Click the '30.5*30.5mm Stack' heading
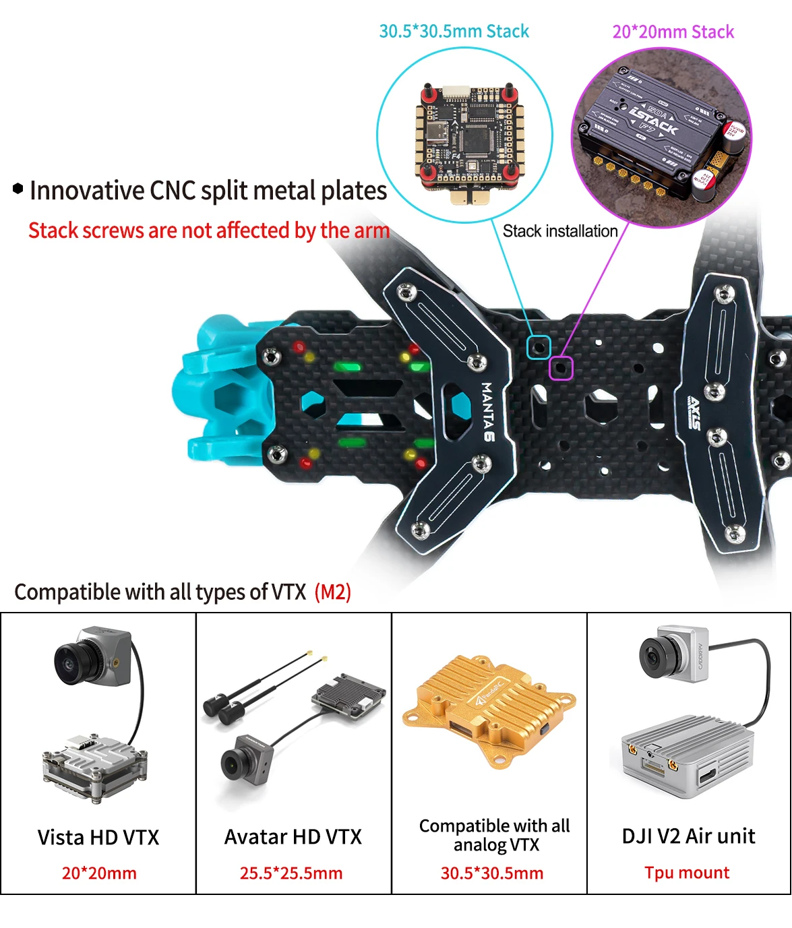pyautogui.click(x=454, y=31)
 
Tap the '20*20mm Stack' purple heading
pyautogui.click(x=673, y=32)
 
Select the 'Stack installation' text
pyautogui.click(x=560, y=231)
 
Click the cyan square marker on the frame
pyautogui.click(x=539, y=347)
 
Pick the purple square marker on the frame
pyautogui.click(x=561, y=368)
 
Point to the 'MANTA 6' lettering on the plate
pyautogui.click(x=487, y=412)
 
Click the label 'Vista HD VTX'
pyautogui.click(x=98, y=837)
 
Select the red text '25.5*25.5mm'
pyautogui.click(x=291, y=873)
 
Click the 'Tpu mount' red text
pyautogui.click(x=687, y=873)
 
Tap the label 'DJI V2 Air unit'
pyautogui.click(x=688, y=836)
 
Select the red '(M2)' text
pyautogui.click(x=333, y=592)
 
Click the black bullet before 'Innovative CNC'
pyautogui.click(x=18, y=189)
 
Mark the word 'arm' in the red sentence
pyautogui.click(x=372, y=230)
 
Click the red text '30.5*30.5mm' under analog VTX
pyautogui.click(x=492, y=873)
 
